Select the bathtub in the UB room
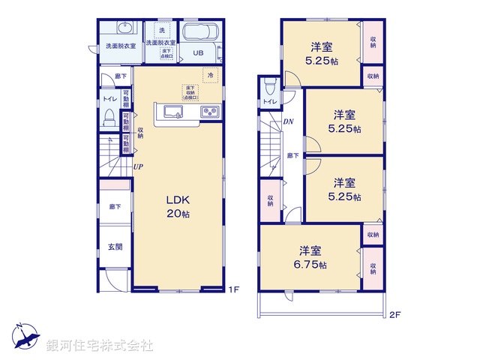(199, 34)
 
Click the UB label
(198, 52)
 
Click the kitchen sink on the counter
(171, 113)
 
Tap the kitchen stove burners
(209, 112)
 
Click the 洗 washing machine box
(160, 29)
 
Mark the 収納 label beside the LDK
(140, 133)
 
